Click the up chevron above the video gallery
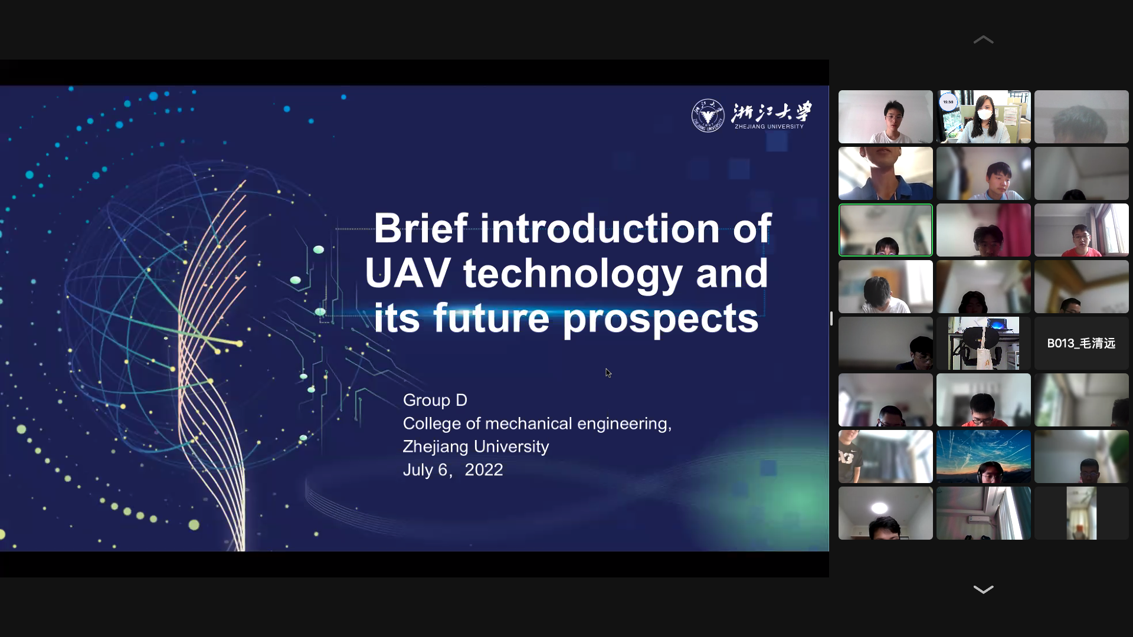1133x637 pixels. [x=983, y=40]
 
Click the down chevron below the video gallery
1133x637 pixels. [x=983, y=589]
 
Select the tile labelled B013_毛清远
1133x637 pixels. [x=1081, y=343]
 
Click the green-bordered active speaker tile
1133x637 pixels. [x=886, y=230]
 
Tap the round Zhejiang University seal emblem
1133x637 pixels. [x=708, y=116]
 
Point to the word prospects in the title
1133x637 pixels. [x=660, y=319]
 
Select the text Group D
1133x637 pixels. [x=435, y=400]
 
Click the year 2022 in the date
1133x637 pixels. [x=484, y=469]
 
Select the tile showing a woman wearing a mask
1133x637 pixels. [x=984, y=117]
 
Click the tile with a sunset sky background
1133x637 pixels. [x=984, y=457]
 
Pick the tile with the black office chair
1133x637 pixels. [x=984, y=343]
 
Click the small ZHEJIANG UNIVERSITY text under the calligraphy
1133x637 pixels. [x=769, y=126]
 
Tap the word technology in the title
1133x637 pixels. [x=573, y=274]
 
